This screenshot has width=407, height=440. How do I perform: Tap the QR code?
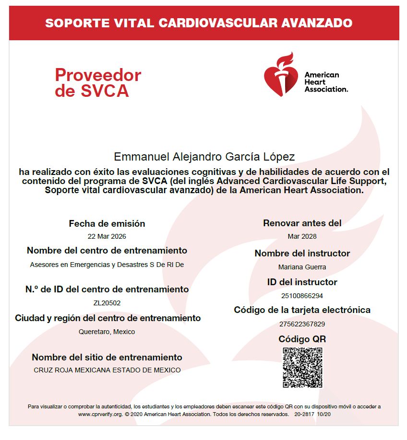tap(302, 368)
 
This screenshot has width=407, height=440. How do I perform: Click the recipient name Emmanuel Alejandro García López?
tap(204, 157)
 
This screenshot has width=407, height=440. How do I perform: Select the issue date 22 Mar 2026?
tap(107, 236)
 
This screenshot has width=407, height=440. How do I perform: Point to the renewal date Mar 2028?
tap(302, 236)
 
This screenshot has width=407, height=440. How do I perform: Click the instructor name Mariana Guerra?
tap(302, 267)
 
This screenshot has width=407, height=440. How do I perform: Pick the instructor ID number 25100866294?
tap(302, 296)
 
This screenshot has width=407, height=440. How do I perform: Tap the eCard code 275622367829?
tap(302, 324)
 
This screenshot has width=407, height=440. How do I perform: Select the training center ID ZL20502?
tap(107, 303)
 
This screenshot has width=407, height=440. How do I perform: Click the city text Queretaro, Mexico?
tap(107, 332)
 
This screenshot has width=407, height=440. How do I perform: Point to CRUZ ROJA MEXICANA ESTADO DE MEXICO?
tap(107, 370)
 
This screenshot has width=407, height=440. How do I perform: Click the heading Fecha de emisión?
tap(107, 223)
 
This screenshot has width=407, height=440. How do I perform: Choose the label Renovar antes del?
tap(302, 223)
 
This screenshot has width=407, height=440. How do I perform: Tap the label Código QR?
tap(302, 339)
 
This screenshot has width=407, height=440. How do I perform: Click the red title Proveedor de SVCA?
tap(98, 82)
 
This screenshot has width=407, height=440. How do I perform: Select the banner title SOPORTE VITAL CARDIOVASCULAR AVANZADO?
tap(199, 23)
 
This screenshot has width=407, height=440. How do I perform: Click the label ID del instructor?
tap(302, 282)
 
